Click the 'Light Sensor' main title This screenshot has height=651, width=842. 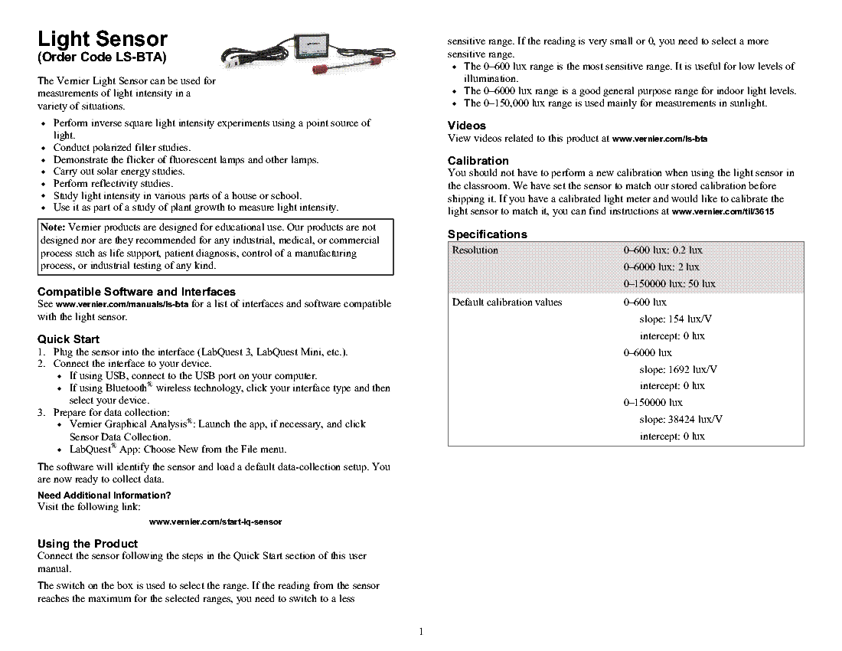coord(103,39)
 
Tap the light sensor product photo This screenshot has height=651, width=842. coord(279,56)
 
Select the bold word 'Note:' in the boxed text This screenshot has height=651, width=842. coord(54,228)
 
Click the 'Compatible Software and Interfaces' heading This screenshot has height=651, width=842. coord(136,292)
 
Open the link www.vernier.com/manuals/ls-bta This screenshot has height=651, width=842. coord(122,305)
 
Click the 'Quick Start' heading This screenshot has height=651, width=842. coord(68,339)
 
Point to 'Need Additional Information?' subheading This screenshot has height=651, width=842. coord(104,495)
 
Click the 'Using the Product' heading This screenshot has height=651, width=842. coord(87,544)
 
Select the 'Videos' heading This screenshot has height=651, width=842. coord(467,126)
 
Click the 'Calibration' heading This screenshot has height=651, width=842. coord(478,161)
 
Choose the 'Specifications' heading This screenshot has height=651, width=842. coord(487,234)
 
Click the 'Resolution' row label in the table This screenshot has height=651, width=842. coord(475,250)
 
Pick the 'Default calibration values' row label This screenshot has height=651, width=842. coord(507,303)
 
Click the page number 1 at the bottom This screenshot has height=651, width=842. coord(421,632)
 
